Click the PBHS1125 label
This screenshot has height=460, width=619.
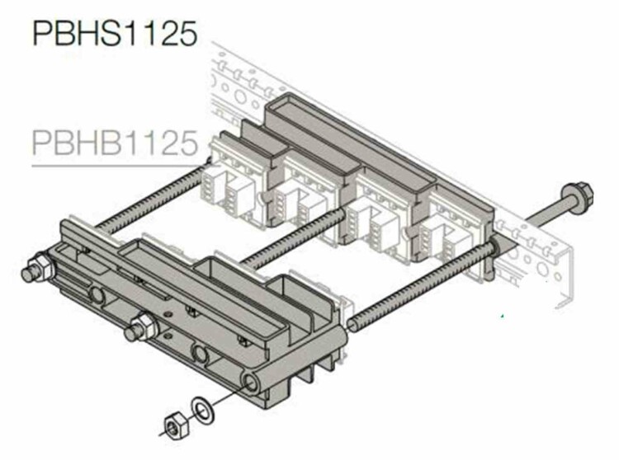(x=115, y=34)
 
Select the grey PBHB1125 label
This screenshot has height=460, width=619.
(x=115, y=143)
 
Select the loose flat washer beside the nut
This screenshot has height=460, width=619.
(x=203, y=411)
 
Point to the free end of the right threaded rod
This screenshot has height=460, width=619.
(x=352, y=325)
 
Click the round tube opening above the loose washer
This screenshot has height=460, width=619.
(x=251, y=382)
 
